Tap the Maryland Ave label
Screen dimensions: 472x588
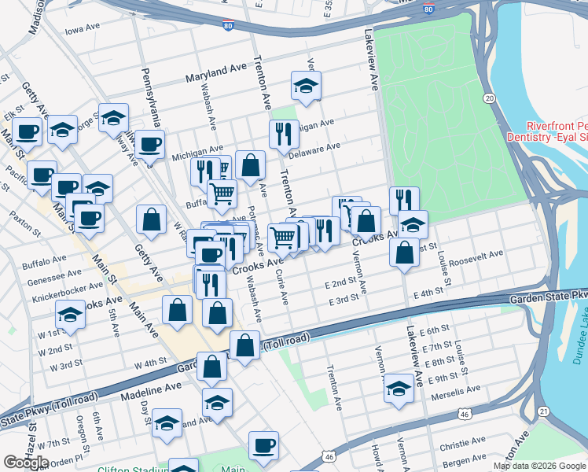tap(216, 73)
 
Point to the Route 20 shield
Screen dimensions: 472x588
tap(489, 98)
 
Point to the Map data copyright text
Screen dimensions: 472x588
tap(539, 466)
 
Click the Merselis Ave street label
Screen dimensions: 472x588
tap(454, 390)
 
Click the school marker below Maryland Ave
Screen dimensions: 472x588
tap(306, 86)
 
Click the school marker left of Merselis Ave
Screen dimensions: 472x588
tap(399, 389)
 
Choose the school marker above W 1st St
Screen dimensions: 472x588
tap(70, 316)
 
